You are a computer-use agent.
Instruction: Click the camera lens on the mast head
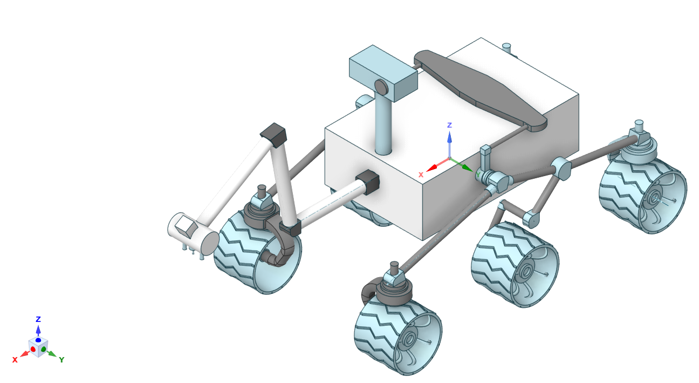381,87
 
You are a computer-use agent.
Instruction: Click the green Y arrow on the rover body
462,165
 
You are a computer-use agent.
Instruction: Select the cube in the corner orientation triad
38,347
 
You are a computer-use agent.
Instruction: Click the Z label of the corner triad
38,319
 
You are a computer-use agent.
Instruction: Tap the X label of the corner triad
15,360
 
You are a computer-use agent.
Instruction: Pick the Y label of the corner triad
62,360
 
